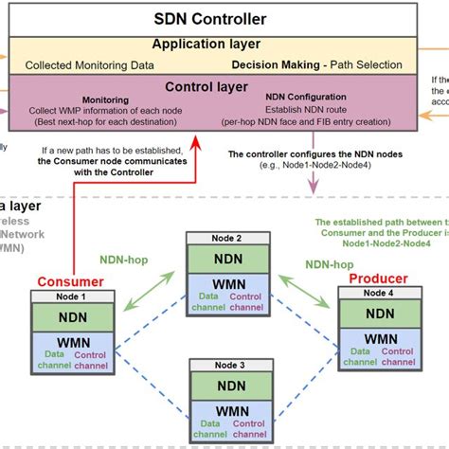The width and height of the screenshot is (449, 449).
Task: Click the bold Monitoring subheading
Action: tap(105, 99)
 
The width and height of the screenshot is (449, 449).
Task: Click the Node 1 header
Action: tap(71, 296)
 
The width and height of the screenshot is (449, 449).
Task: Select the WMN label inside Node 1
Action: tap(71, 341)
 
